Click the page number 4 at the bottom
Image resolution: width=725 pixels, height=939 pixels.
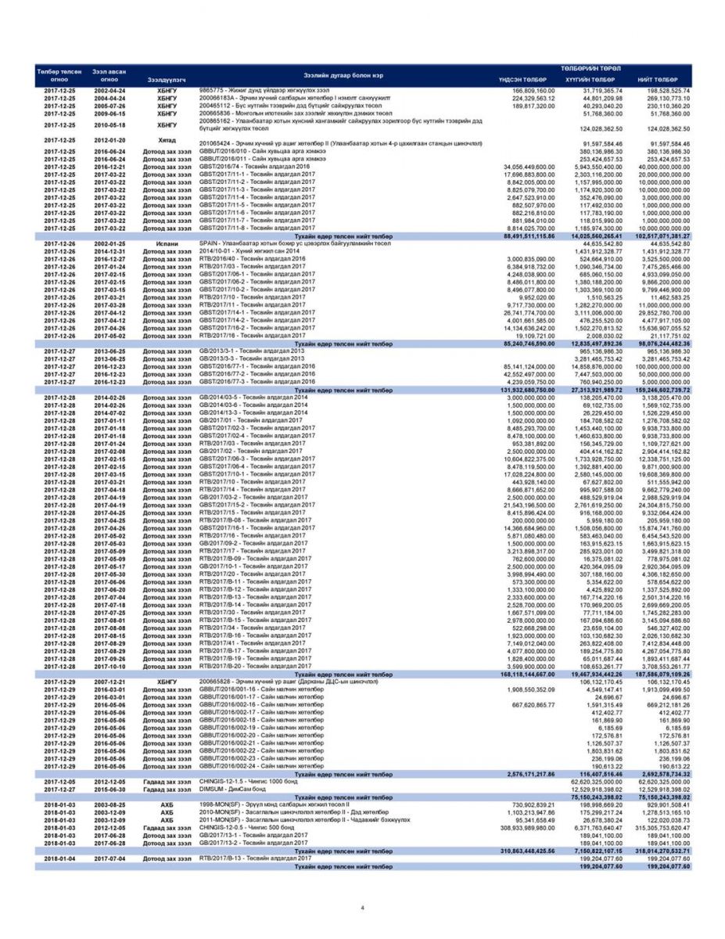click(x=362, y=908)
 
